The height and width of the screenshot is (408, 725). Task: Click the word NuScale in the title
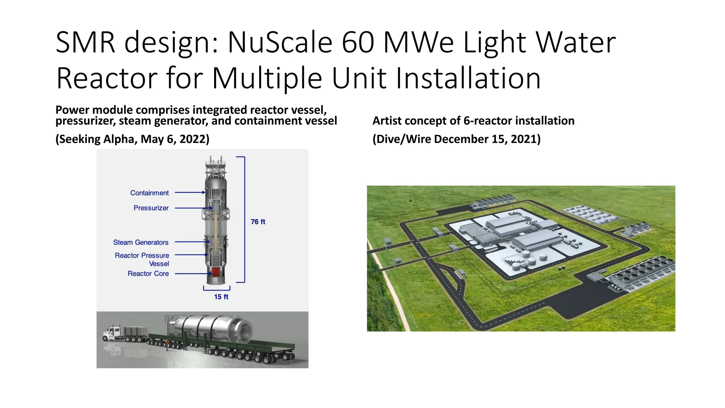point(280,42)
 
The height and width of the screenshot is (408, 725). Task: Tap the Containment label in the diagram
point(149,193)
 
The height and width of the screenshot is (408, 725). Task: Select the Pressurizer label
point(151,208)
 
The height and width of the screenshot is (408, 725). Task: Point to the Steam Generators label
point(141,242)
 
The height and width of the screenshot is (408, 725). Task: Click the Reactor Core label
point(148,273)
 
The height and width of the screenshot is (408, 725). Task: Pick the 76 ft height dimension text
point(258,222)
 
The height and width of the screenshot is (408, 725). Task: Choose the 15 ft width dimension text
point(221,297)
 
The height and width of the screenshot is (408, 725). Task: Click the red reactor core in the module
point(216,272)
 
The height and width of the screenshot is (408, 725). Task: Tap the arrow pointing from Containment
point(190,192)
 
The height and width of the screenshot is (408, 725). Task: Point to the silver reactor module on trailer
point(209,329)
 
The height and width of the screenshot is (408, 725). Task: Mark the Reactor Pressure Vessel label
point(142,259)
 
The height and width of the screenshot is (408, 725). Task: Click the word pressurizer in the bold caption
point(85,121)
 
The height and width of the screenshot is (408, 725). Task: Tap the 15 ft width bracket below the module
point(217,289)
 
